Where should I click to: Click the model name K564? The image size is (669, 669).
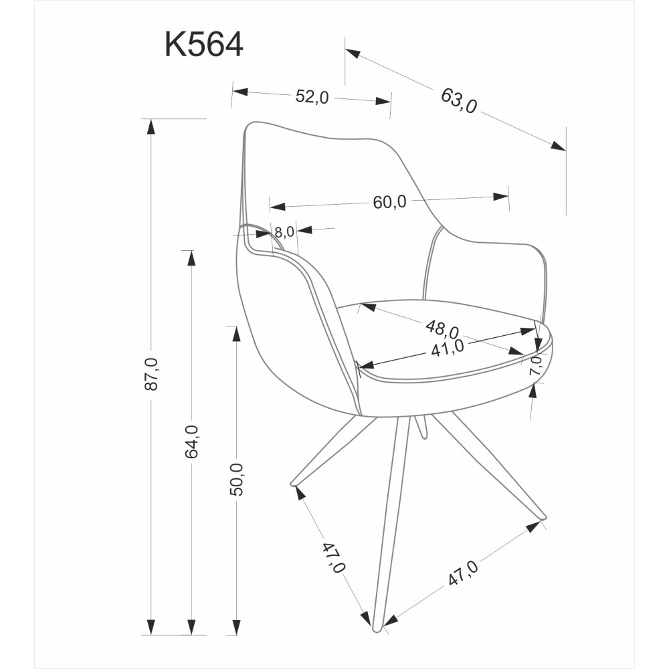pyautogui.click(x=204, y=44)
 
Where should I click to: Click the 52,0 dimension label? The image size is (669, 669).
pyautogui.click(x=312, y=97)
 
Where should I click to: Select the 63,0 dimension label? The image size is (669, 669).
pyautogui.click(x=459, y=101)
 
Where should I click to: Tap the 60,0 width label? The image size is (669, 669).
pyautogui.click(x=390, y=202)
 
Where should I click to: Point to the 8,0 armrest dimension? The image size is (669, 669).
pyautogui.click(x=284, y=232)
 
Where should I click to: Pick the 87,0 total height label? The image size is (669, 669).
pyautogui.click(x=152, y=374)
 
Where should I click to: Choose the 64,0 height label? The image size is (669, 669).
pyautogui.click(x=191, y=442)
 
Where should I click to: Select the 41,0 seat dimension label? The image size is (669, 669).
pyautogui.click(x=447, y=348)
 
